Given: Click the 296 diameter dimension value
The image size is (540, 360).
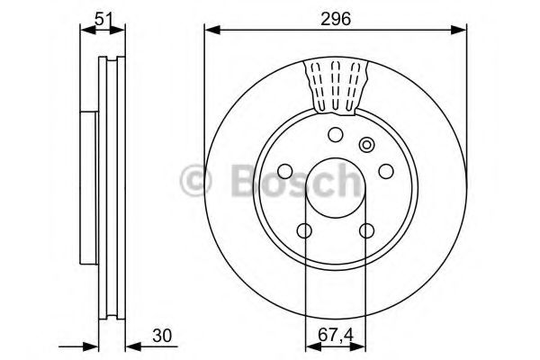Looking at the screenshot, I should coord(336,17).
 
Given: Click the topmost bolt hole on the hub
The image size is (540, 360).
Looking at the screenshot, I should coord(336,135).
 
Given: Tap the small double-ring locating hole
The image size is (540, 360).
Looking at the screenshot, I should coord(366,144).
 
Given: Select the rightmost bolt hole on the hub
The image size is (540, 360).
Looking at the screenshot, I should coord(385,172).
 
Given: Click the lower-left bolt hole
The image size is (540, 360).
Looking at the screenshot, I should coord(306,231).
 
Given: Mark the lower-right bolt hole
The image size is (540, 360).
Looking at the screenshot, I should coord(366,231).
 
